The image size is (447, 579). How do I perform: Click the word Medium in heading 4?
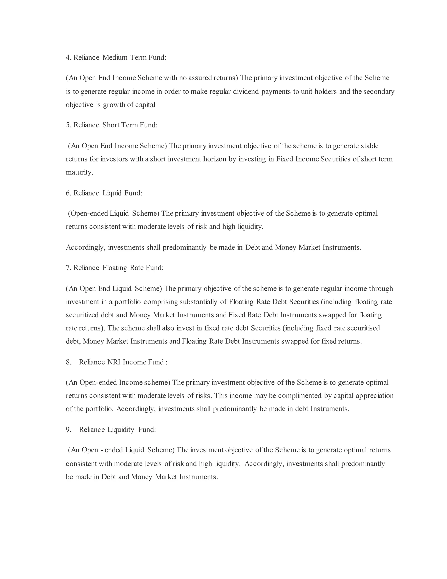point(115,57)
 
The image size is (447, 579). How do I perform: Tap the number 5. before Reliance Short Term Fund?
point(69,125)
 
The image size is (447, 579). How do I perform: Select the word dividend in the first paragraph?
point(246,92)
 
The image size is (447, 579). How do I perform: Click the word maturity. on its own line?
point(79,172)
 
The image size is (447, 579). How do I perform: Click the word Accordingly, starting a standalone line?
point(86,247)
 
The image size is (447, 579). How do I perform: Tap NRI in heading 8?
point(114,362)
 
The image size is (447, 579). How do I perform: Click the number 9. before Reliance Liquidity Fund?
point(69,430)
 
